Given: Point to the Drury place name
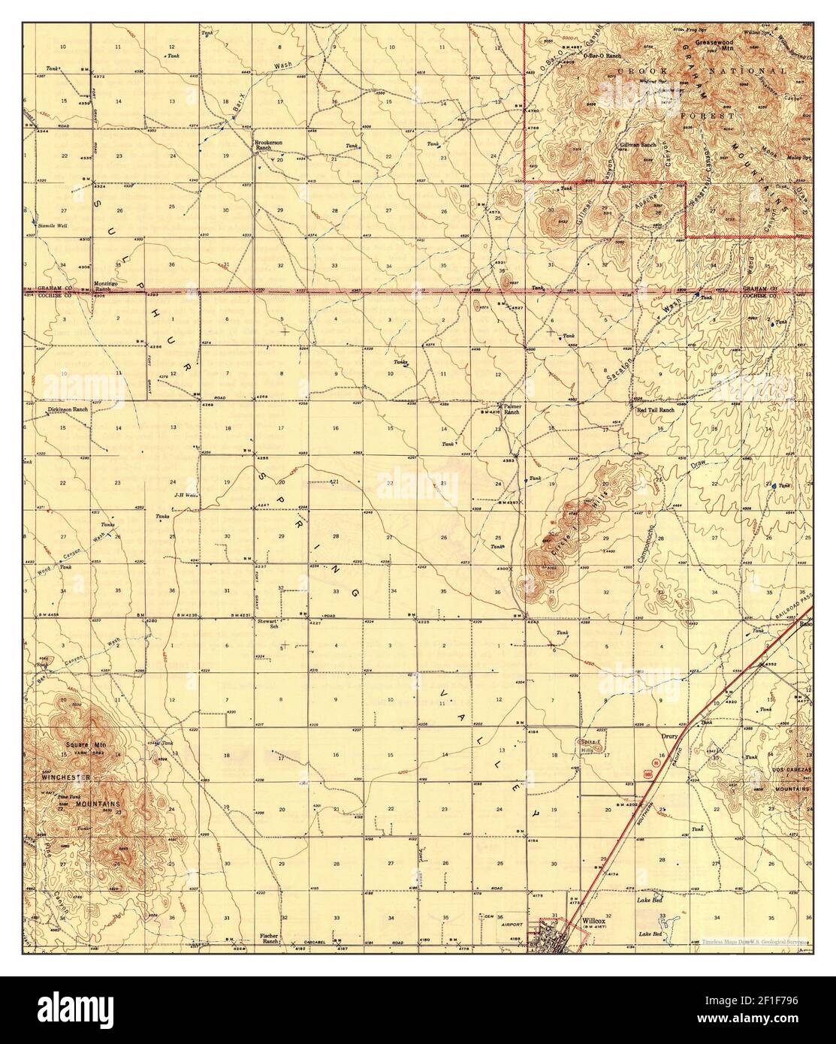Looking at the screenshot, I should [669, 737].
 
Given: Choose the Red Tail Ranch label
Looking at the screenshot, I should [656, 411].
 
